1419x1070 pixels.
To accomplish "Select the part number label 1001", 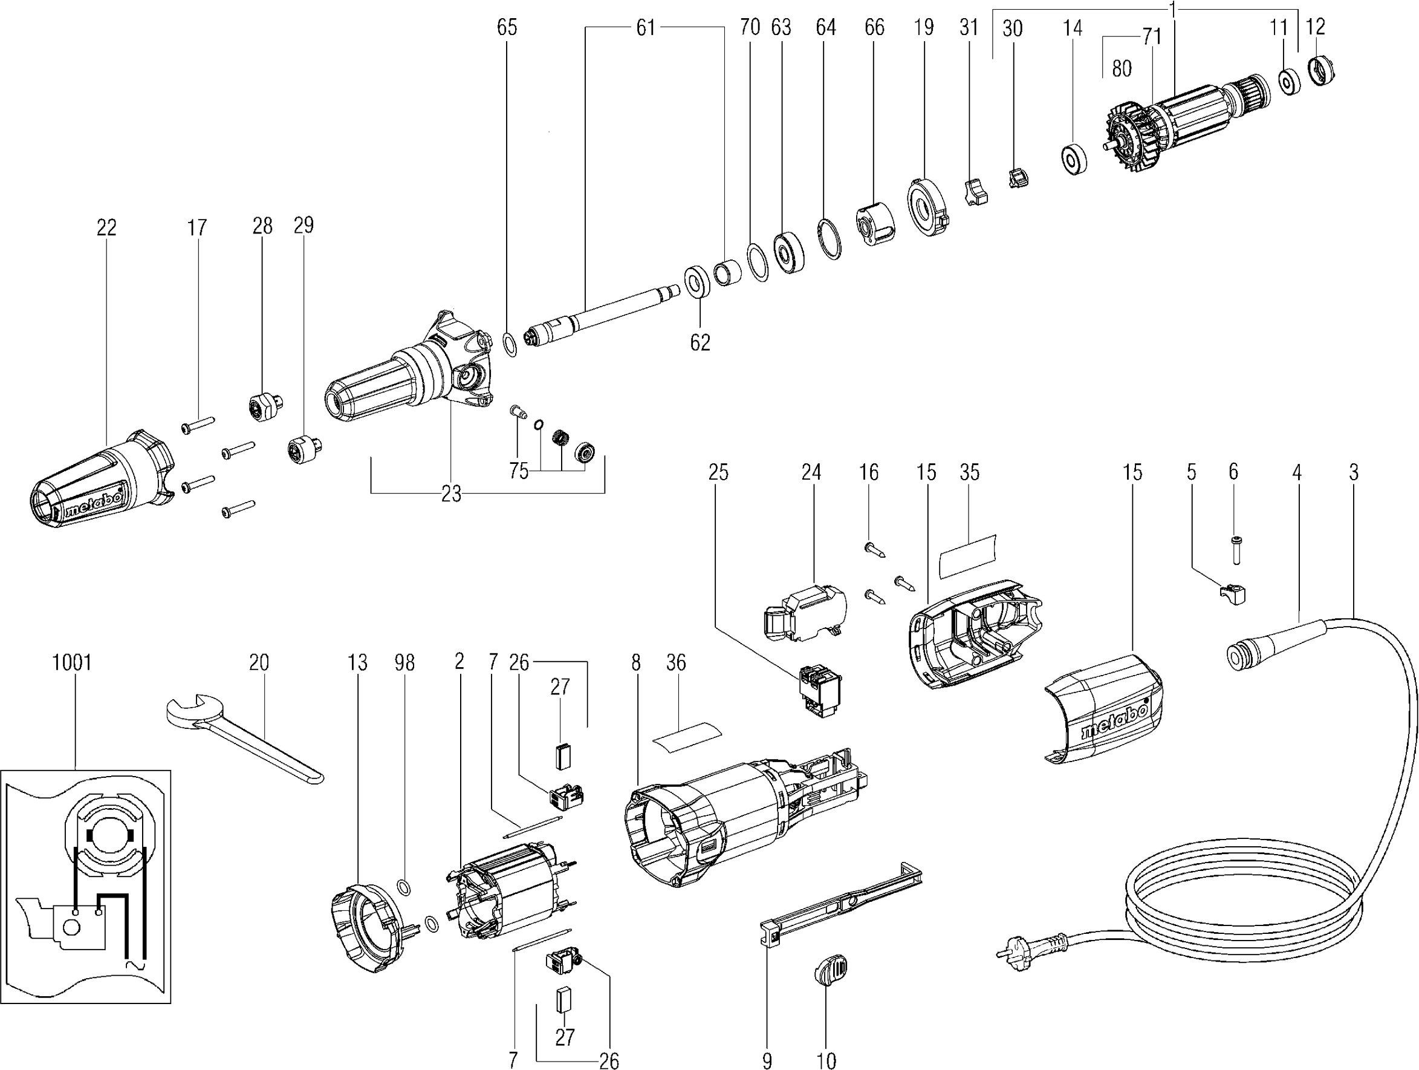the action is click(72, 662).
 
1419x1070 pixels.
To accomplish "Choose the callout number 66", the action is click(874, 27).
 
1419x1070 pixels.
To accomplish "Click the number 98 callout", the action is click(405, 662).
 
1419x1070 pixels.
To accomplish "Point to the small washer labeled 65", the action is click(510, 345).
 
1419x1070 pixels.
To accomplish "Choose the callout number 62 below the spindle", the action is click(700, 342).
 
